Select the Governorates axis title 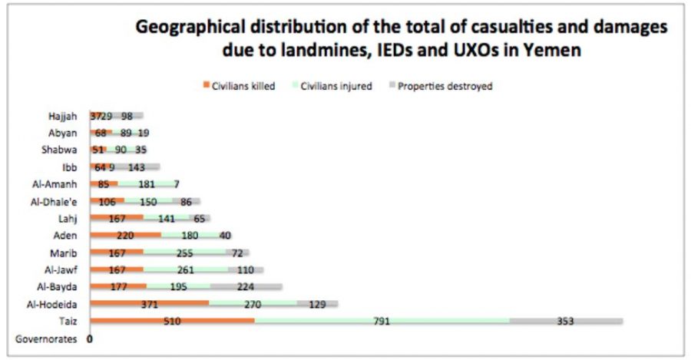click(x=46, y=339)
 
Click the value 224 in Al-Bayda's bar click(x=246, y=287)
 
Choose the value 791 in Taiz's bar click(x=384, y=321)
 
